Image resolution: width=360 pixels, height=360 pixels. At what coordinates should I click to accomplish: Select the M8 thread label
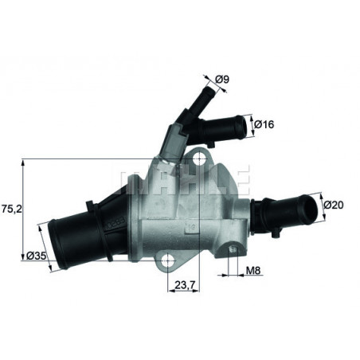[x=253, y=272]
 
